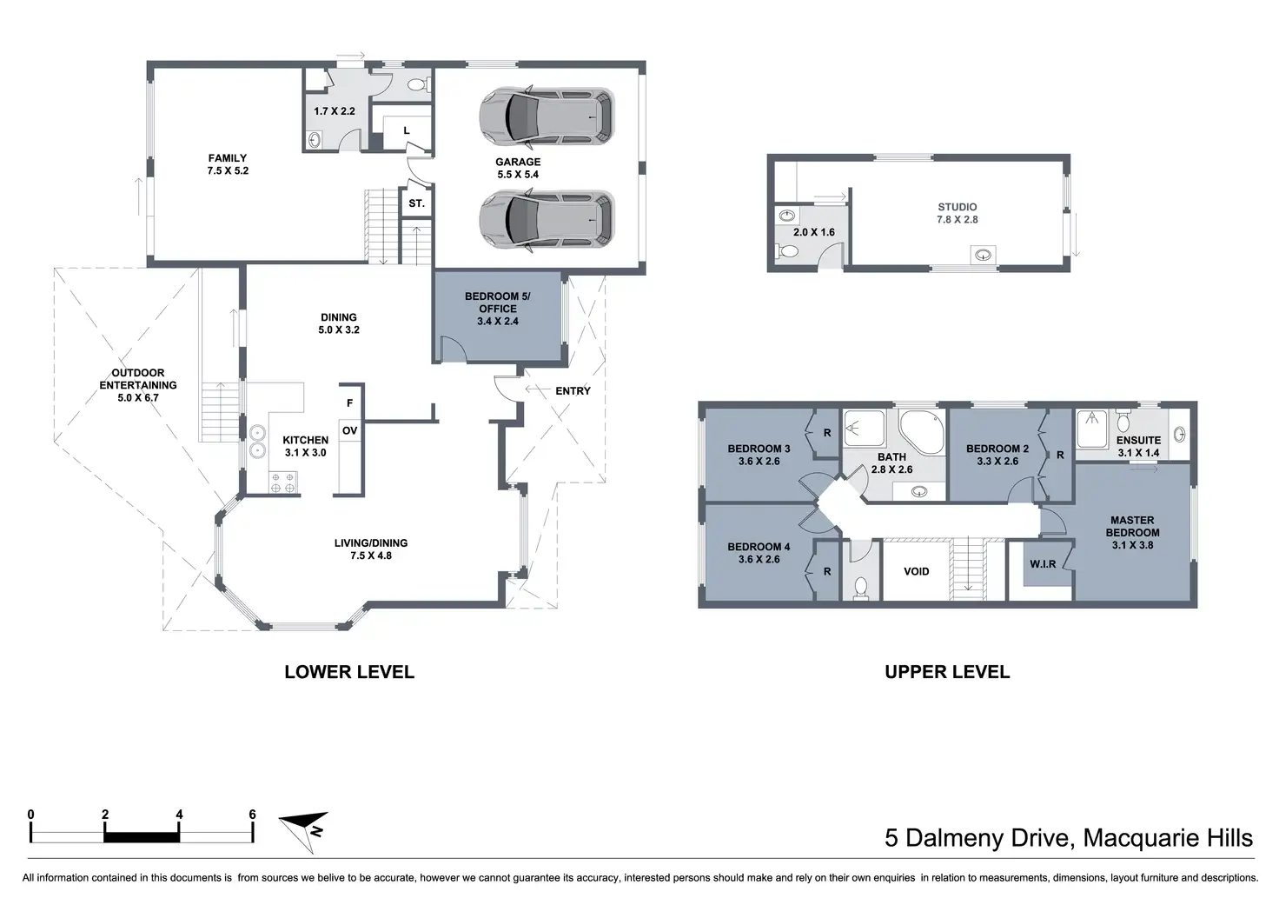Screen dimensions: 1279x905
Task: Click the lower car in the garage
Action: (x=547, y=220)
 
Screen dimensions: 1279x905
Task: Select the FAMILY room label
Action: (x=228, y=157)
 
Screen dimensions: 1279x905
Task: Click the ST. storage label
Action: (x=416, y=203)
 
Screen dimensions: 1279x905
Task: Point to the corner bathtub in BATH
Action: (x=921, y=432)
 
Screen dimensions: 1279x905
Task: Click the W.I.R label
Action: (x=1043, y=564)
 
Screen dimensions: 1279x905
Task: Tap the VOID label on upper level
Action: (x=917, y=571)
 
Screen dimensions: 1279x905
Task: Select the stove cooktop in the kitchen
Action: (x=282, y=482)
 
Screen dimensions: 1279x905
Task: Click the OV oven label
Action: (x=349, y=430)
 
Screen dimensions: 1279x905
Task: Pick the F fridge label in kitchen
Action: (x=349, y=403)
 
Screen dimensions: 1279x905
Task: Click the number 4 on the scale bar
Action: (x=179, y=815)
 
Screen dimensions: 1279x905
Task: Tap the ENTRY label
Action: (x=573, y=391)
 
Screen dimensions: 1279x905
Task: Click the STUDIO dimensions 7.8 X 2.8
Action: (x=957, y=219)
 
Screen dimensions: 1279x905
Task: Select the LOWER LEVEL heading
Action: (x=349, y=672)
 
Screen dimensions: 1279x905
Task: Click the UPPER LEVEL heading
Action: (x=947, y=672)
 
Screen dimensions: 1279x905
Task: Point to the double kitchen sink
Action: (x=257, y=442)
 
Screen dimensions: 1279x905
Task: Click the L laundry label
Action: (x=407, y=130)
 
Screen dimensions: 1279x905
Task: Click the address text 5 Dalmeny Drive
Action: (x=977, y=838)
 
